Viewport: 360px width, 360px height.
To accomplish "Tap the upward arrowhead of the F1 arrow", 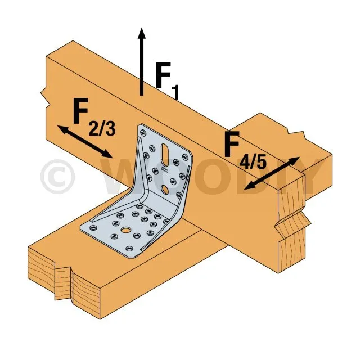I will [x=141, y=31].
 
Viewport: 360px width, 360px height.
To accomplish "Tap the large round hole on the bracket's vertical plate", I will [x=164, y=189].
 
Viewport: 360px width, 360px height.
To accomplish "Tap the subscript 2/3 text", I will [x=102, y=128].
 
